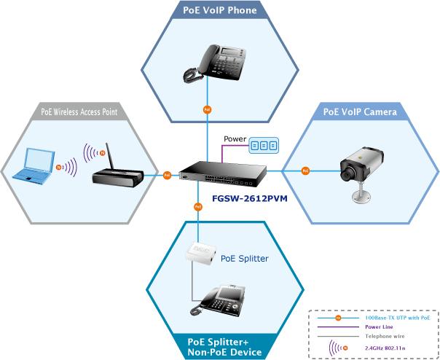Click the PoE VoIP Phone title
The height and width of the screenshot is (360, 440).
[220, 10]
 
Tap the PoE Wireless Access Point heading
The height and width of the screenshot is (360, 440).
[79, 111]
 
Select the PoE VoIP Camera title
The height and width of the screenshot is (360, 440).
[360, 111]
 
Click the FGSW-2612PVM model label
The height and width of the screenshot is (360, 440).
[250, 198]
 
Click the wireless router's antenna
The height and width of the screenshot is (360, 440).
[110, 157]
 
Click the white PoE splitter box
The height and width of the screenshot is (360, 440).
[201, 251]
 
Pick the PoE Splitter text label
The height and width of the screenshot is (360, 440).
[245, 259]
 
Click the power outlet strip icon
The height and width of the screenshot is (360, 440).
[264, 146]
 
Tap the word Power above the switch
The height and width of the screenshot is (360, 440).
[235, 138]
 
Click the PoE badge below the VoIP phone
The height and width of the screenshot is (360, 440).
[207, 110]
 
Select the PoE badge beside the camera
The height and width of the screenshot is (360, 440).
[305, 171]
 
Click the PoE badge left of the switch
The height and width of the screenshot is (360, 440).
[168, 175]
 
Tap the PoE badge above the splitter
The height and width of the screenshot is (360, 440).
[198, 207]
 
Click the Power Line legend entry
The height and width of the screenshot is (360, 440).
[379, 327]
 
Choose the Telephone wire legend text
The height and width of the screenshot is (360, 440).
[385, 336]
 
